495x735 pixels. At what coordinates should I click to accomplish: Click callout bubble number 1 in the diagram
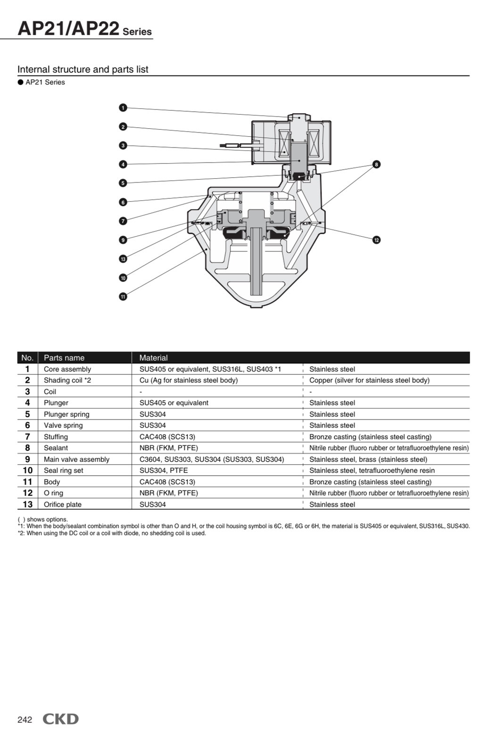(x=123, y=108)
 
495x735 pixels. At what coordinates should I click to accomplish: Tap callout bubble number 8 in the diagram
(x=376, y=165)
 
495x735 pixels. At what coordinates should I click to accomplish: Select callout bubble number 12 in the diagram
(x=376, y=240)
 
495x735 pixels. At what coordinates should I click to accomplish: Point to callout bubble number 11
(x=123, y=297)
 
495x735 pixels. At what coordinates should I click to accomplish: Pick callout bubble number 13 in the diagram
(x=123, y=259)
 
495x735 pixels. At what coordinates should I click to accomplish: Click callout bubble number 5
(x=123, y=183)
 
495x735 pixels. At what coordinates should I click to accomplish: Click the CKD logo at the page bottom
(x=61, y=718)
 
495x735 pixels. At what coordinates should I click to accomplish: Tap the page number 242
(x=25, y=719)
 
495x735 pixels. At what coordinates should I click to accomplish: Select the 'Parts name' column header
(x=64, y=358)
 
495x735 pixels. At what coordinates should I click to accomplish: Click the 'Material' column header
(x=154, y=358)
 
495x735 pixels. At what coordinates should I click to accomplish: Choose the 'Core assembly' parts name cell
(x=67, y=369)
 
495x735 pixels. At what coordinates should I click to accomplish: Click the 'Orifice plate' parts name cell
(x=63, y=504)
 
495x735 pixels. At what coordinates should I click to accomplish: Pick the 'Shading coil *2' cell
(x=67, y=380)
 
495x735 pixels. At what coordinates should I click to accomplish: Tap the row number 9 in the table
(x=27, y=459)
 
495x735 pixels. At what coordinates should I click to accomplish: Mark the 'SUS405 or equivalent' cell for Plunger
(x=174, y=403)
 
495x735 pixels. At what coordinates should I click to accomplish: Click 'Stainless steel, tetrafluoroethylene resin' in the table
(x=372, y=471)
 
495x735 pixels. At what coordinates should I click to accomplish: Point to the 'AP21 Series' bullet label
(x=45, y=83)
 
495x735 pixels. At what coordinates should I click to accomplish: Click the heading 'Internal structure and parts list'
(x=83, y=69)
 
